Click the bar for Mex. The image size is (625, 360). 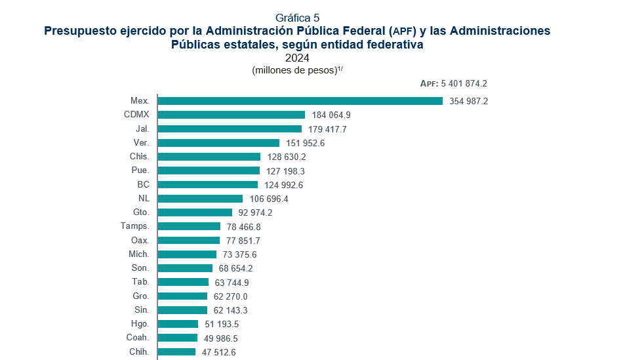pos(300,101)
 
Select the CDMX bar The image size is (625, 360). pos(232,115)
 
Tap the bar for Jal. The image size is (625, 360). pos(230,129)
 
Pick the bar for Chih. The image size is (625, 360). pos(176,352)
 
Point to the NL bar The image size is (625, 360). pos(200,199)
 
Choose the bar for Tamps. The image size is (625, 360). pos(189,226)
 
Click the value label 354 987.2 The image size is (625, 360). pos(469,102)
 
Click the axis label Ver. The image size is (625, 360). pos(141,143)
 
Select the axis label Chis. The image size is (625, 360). pos(139,157)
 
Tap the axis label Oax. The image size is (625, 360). pos(140,241)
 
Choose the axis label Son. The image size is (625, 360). pos(140,268)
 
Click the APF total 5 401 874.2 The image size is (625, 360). pos(454,84)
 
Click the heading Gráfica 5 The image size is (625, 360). pos(298,18)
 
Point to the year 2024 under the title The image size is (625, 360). pos(297,58)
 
